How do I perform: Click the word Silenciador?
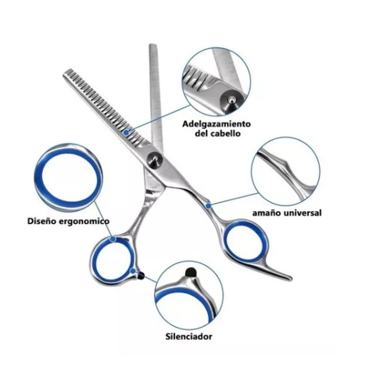point(189,336)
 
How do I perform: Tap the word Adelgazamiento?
point(216,124)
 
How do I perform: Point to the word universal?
point(303,213)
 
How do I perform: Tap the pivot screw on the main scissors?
point(155,159)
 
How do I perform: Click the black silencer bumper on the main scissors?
point(141,275)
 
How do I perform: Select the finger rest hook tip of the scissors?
point(291,278)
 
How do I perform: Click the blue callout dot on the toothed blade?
point(126,132)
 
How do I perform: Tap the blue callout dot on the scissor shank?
point(208,206)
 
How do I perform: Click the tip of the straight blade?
point(153,45)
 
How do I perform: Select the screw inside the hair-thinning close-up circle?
point(231,99)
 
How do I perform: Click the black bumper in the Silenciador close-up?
point(191,272)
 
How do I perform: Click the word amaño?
point(267,213)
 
